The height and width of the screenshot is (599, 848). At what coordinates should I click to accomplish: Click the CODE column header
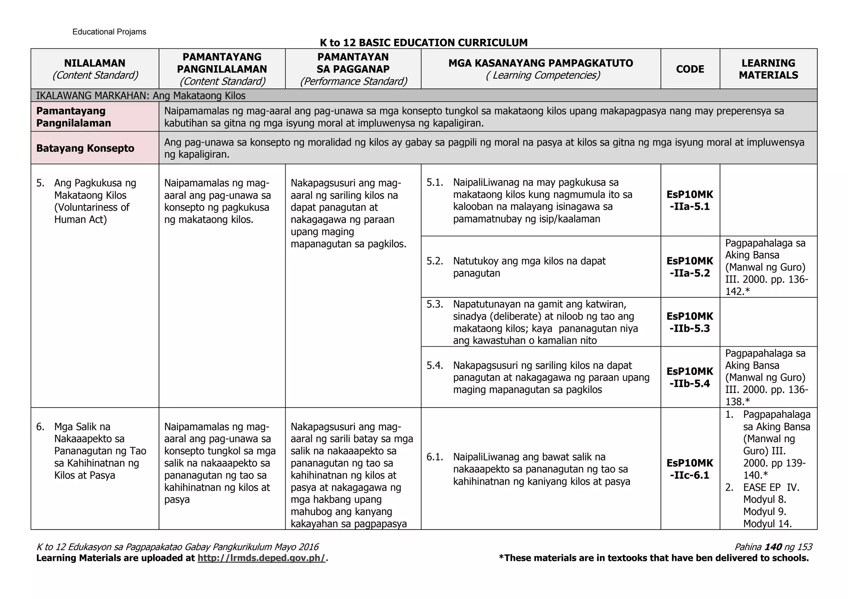[690, 69]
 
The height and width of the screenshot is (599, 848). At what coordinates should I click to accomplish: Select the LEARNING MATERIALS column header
[768, 69]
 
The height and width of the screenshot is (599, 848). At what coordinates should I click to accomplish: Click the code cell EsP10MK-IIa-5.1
[690, 201]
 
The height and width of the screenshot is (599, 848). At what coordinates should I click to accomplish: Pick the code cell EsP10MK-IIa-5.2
[690, 267]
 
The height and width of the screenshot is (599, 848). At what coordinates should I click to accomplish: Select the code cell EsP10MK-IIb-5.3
[690, 322]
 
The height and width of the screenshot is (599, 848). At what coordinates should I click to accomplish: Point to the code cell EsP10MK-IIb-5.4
[690, 377]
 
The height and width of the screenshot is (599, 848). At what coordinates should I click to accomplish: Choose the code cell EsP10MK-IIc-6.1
[690, 469]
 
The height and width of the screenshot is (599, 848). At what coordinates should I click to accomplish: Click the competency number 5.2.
[435, 261]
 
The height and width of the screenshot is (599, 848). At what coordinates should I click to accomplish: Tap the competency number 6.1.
[435, 457]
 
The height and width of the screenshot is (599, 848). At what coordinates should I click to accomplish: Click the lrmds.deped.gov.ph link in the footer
[262, 558]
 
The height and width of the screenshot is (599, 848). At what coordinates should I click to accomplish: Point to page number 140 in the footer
[773, 547]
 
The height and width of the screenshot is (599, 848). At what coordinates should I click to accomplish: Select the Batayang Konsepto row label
[85, 148]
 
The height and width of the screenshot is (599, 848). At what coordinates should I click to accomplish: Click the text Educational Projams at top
[109, 32]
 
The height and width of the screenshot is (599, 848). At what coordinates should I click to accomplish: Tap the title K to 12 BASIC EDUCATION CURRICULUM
[424, 43]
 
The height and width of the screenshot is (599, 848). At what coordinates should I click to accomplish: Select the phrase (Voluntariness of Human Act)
[92, 213]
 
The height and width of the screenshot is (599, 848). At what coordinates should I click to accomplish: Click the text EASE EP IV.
[771, 487]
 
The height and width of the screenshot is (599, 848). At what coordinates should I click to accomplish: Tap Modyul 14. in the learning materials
[767, 524]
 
